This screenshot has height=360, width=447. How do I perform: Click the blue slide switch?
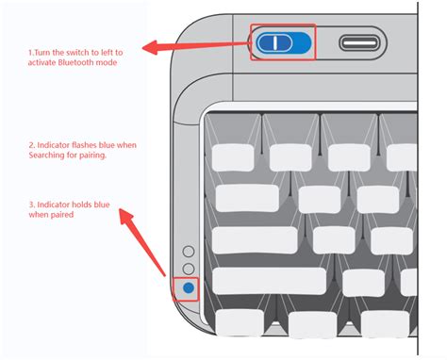284,42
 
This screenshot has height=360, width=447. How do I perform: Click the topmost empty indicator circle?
189,253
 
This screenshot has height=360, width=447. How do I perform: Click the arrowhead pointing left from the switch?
147,46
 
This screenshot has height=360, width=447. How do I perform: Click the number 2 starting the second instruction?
32,144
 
